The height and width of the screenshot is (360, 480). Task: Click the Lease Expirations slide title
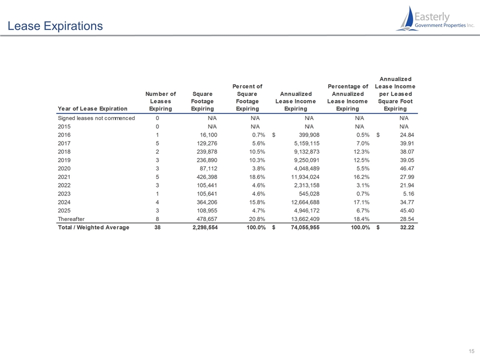point(55,26)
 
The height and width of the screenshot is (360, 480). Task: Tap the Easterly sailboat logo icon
point(406,18)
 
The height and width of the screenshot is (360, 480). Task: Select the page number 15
point(471,351)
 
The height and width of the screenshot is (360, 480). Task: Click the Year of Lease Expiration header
point(92,108)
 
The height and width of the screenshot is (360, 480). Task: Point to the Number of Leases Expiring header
point(160,101)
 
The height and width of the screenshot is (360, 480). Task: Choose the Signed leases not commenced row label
point(96,118)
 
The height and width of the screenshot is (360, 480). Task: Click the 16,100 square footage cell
point(208,135)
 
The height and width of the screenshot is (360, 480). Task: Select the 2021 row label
point(64,177)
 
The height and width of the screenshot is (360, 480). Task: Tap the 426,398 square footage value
point(207,177)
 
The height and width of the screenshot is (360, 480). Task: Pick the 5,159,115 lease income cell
point(306,143)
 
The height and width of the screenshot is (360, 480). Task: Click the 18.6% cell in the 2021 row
point(256,177)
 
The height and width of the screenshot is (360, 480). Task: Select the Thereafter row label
point(71,219)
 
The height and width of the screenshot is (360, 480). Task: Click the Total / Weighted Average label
point(93,227)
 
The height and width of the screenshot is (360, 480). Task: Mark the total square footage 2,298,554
point(205,227)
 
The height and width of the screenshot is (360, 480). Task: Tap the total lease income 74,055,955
point(305,227)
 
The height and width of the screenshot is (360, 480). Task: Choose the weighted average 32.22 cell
point(407,227)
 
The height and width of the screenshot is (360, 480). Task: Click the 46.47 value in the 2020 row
point(407,168)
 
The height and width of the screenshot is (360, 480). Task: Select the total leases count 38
point(157,227)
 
